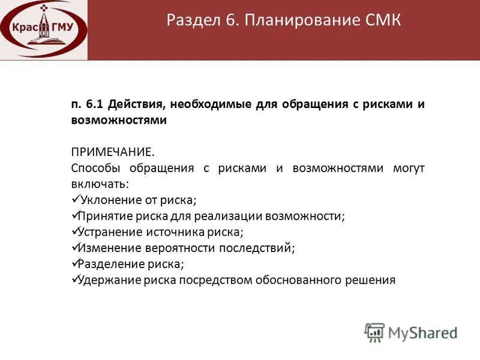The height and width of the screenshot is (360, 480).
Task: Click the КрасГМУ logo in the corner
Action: click(x=44, y=29)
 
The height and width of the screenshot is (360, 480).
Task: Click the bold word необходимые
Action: click(x=211, y=104)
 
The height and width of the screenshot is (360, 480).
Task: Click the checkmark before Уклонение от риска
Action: click(x=75, y=199)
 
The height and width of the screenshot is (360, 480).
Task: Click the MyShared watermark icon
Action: click(x=374, y=332)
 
